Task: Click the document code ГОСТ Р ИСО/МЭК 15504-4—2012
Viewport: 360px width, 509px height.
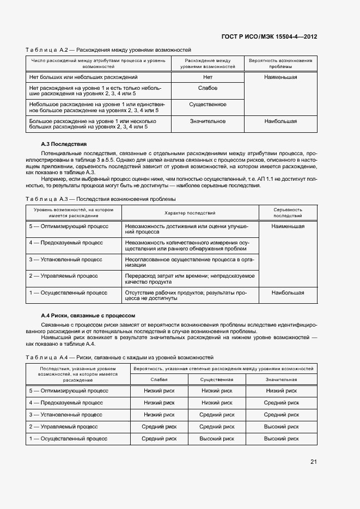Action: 269,36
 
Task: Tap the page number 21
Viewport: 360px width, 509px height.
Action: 313,462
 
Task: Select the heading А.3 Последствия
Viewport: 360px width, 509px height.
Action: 64,144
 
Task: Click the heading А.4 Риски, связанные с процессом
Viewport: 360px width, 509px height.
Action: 88,316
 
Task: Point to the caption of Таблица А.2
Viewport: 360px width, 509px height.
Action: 108,50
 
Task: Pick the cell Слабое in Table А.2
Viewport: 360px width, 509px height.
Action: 208,88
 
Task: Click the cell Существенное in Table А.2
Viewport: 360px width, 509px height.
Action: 208,104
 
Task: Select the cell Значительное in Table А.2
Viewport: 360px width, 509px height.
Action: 208,121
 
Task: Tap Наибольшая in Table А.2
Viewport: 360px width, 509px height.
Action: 280,121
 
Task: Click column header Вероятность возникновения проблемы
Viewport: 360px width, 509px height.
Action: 280,63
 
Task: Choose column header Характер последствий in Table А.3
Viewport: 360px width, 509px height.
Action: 190,213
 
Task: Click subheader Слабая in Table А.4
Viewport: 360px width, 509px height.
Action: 159,379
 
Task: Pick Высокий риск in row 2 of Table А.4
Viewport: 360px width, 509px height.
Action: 281,427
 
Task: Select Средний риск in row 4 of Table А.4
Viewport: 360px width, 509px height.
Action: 281,403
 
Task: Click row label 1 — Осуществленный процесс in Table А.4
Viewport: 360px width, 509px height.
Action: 69,438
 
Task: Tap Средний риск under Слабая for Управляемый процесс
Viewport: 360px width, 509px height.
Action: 159,427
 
